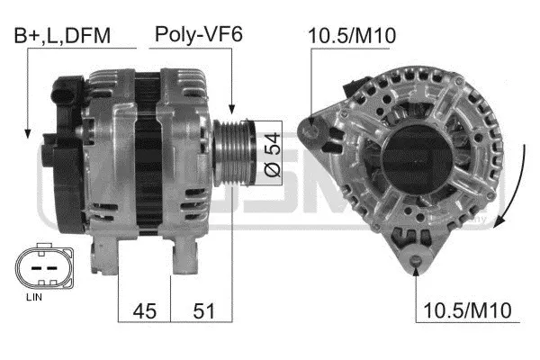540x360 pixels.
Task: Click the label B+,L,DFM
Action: tap(60, 36)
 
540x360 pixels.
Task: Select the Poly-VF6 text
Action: tap(199, 35)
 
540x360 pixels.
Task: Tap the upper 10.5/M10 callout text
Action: tap(353, 36)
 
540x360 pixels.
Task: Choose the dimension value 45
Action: tap(145, 310)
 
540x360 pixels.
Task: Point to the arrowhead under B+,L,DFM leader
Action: tap(28, 133)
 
